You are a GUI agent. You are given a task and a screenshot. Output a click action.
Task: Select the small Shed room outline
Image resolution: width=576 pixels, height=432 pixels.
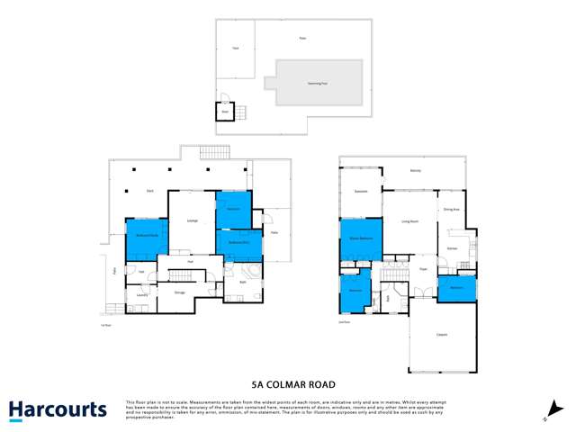pyautogui.click(x=224, y=111)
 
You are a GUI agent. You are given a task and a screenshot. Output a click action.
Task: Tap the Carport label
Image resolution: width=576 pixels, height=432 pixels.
pyautogui.click(x=442, y=335)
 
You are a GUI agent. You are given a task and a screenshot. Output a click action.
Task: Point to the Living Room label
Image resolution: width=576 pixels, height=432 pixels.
pyautogui.click(x=410, y=220)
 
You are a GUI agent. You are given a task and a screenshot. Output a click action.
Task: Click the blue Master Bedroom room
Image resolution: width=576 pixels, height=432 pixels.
pyautogui.click(x=361, y=239)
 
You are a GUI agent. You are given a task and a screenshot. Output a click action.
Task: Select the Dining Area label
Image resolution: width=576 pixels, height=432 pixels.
pyautogui.click(x=451, y=210)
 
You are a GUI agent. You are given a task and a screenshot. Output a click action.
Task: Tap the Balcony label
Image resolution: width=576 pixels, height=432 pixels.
pyautogui.click(x=416, y=171)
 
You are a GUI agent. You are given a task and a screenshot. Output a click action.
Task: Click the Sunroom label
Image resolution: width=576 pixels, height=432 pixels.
pyautogui.click(x=361, y=191)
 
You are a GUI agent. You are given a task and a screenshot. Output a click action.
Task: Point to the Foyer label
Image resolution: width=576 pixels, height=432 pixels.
pyautogui.click(x=422, y=268)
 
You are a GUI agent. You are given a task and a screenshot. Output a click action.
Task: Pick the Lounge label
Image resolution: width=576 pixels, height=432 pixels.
pyautogui.click(x=192, y=220)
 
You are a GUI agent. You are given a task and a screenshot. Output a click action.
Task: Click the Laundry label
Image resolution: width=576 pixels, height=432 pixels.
pyautogui.click(x=141, y=294)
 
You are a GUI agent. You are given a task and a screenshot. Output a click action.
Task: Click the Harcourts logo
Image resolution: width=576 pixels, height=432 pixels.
pyautogui.click(x=58, y=410)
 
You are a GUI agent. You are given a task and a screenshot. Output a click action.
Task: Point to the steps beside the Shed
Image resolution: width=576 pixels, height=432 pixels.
pyautogui.click(x=240, y=112)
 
